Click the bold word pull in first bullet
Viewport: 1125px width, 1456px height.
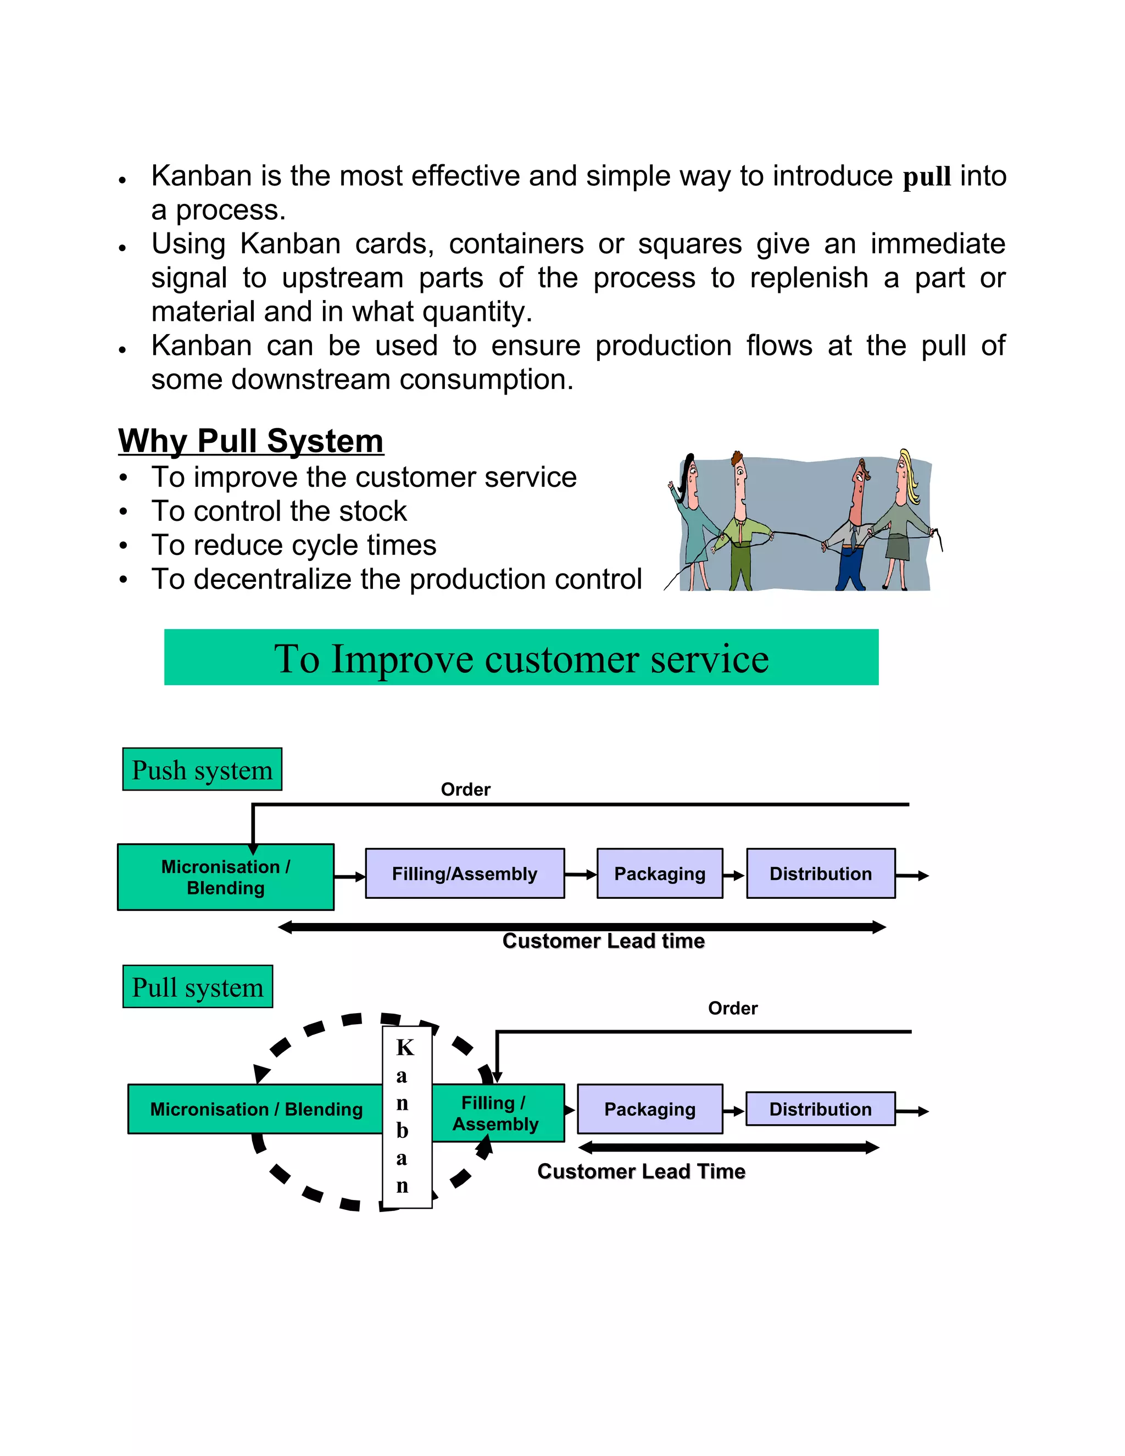pyautogui.click(x=926, y=177)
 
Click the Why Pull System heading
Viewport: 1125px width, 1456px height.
pyautogui.click(x=250, y=441)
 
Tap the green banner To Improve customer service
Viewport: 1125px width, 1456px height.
pyautogui.click(x=521, y=657)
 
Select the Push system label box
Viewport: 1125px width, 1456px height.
pyautogui.click(x=202, y=769)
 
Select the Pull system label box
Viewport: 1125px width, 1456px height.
pyautogui.click(x=197, y=987)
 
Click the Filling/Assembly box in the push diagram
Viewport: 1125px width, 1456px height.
pyautogui.click(x=465, y=874)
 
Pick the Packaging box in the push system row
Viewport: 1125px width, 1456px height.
pyautogui.click(x=659, y=874)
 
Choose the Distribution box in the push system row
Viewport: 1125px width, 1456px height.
pyautogui.click(x=821, y=874)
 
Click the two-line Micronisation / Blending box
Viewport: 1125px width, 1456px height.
pyautogui.click(x=225, y=877)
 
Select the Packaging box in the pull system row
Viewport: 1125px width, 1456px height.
pyautogui.click(x=650, y=1109)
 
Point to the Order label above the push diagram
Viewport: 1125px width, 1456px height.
pyautogui.click(x=465, y=790)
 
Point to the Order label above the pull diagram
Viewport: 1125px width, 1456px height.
pyautogui.click(x=732, y=1008)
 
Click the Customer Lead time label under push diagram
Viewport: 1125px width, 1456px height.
pyautogui.click(x=603, y=941)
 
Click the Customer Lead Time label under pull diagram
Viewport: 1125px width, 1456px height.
pyautogui.click(x=641, y=1171)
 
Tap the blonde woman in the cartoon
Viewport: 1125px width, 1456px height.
pyautogui.click(x=903, y=520)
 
